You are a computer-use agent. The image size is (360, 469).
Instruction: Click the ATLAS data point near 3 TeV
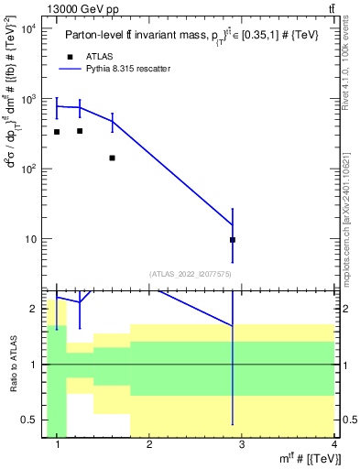(233, 240)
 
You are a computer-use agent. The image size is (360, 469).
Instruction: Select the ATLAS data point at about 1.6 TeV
(112, 158)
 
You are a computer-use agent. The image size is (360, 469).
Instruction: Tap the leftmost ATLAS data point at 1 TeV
(57, 132)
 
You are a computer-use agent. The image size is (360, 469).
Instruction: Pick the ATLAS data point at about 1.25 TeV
(80, 131)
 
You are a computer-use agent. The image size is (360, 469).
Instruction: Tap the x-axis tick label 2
(149, 445)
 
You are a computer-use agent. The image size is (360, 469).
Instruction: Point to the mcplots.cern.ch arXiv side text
(345, 202)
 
